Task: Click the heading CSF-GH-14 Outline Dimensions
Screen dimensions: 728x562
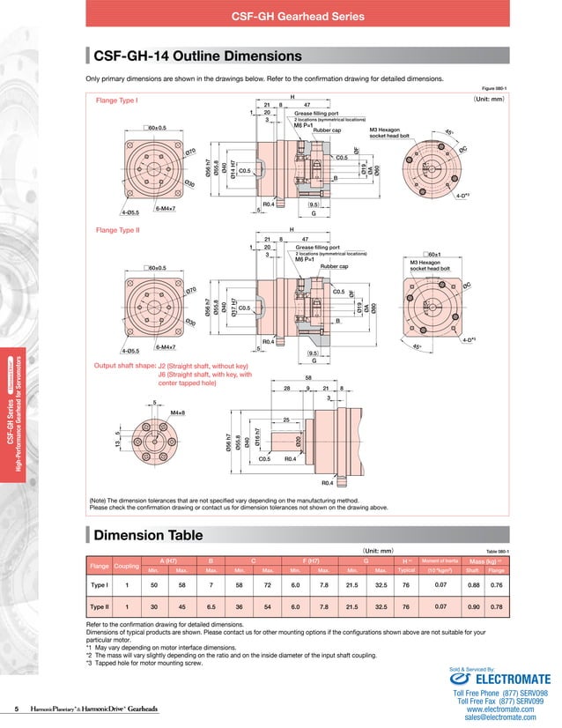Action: pos(197,56)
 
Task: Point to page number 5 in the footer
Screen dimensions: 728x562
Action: pos(17,709)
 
